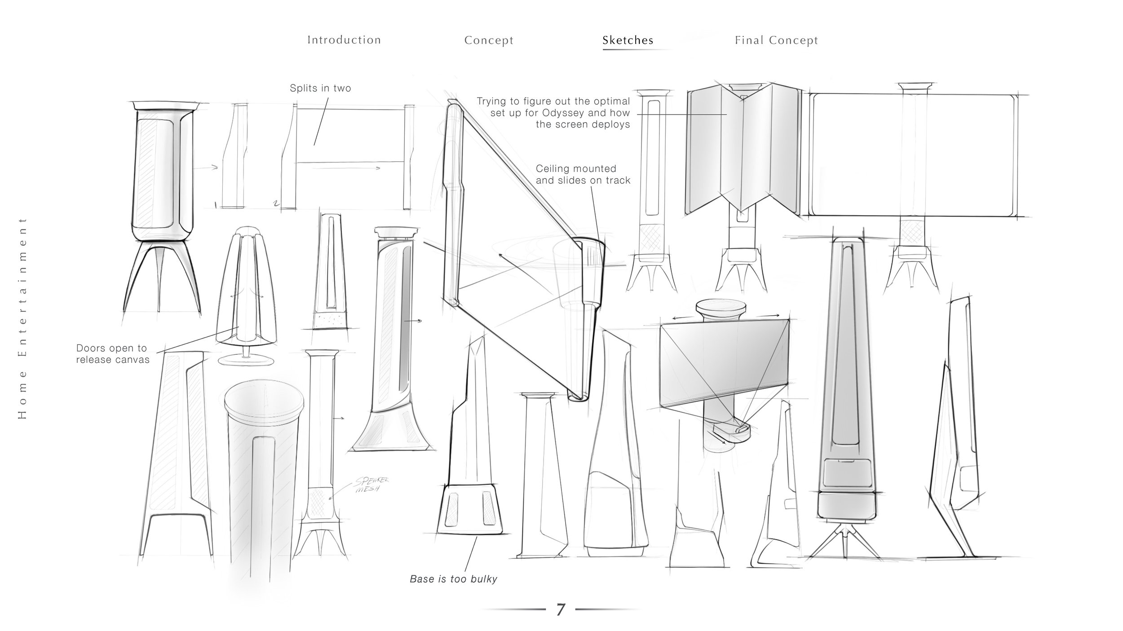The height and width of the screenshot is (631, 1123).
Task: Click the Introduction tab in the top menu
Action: [x=344, y=40]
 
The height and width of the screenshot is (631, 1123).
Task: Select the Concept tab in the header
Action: [x=489, y=40]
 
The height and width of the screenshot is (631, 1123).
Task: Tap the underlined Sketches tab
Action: [x=628, y=40]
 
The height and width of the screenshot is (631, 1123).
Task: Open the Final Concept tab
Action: [x=776, y=40]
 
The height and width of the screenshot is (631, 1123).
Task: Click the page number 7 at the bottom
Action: [x=560, y=610]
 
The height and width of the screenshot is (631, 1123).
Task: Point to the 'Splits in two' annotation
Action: [x=320, y=88]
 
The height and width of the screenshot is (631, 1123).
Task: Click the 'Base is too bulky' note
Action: [x=453, y=579]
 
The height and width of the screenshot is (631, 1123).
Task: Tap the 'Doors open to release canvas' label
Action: [x=112, y=354]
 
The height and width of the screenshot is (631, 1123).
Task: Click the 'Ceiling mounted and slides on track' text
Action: [x=583, y=174]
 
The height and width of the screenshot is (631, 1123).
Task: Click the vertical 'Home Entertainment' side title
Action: [x=22, y=319]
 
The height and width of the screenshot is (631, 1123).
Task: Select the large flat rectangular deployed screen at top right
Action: [x=912, y=155]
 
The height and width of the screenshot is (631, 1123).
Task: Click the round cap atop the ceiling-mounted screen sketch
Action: [x=721, y=308]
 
